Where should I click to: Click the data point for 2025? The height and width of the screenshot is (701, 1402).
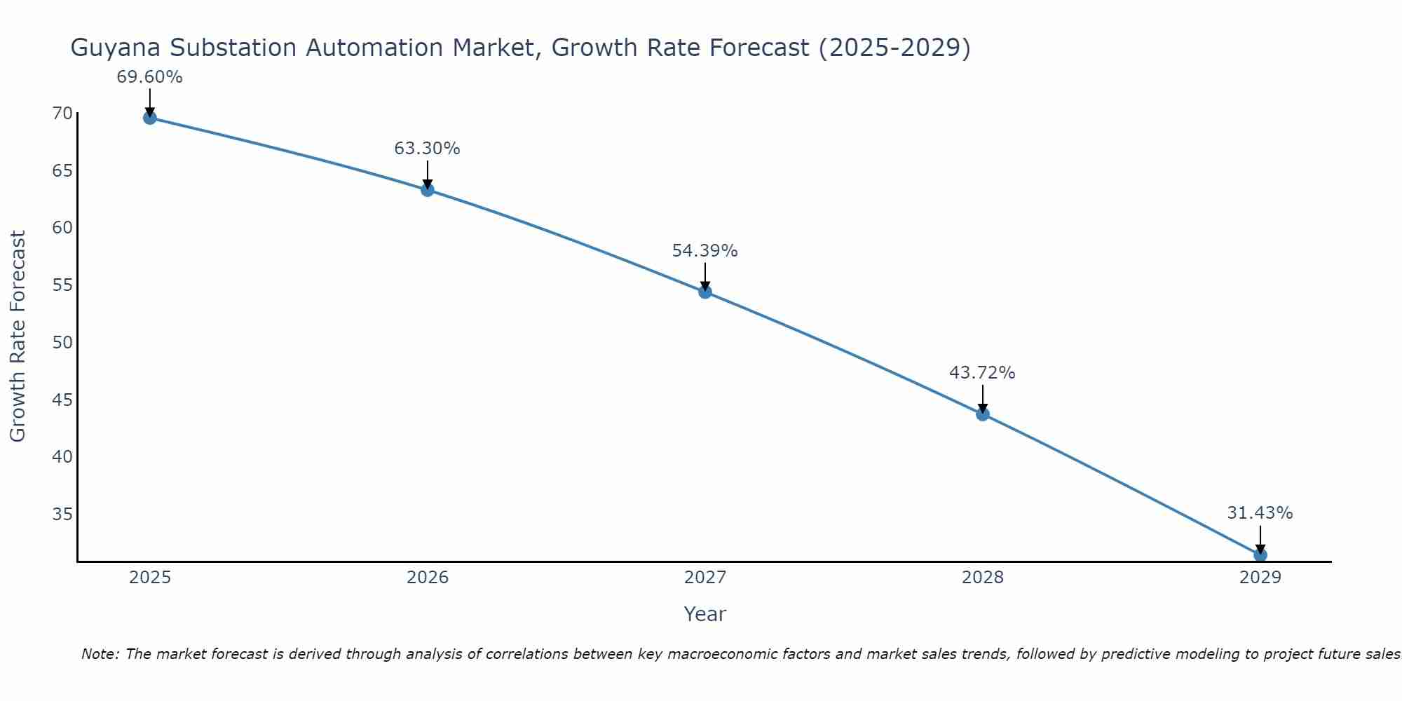pos(149,118)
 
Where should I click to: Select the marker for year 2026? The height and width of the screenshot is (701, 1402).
pos(427,189)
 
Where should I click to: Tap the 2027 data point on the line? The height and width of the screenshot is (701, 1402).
pos(705,292)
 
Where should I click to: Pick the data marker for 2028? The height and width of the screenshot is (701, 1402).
pos(982,414)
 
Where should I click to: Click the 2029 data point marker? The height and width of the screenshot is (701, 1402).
pos(1260,554)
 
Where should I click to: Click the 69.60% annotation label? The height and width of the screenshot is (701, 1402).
pos(149,77)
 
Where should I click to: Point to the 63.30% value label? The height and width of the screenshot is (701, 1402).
pos(427,149)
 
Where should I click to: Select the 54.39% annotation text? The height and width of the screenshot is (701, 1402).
pos(705,251)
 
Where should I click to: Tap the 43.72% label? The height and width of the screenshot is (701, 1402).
pos(982,373)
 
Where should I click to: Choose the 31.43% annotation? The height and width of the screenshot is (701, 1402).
pos(1260,513)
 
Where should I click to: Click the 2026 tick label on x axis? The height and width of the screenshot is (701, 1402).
pos(428,578)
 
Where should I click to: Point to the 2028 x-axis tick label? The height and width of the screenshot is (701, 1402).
pos(982,578)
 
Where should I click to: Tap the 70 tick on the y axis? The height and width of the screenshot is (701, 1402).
pos(62,114)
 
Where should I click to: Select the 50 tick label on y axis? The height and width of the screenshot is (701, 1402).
pos(62,343)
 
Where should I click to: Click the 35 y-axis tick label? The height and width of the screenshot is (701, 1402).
pos(62,515)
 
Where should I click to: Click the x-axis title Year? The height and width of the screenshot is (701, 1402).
pos(705,614)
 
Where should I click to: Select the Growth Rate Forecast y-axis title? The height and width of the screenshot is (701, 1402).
pos(18,336)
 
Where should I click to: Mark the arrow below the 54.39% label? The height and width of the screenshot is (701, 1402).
pos(705,275)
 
